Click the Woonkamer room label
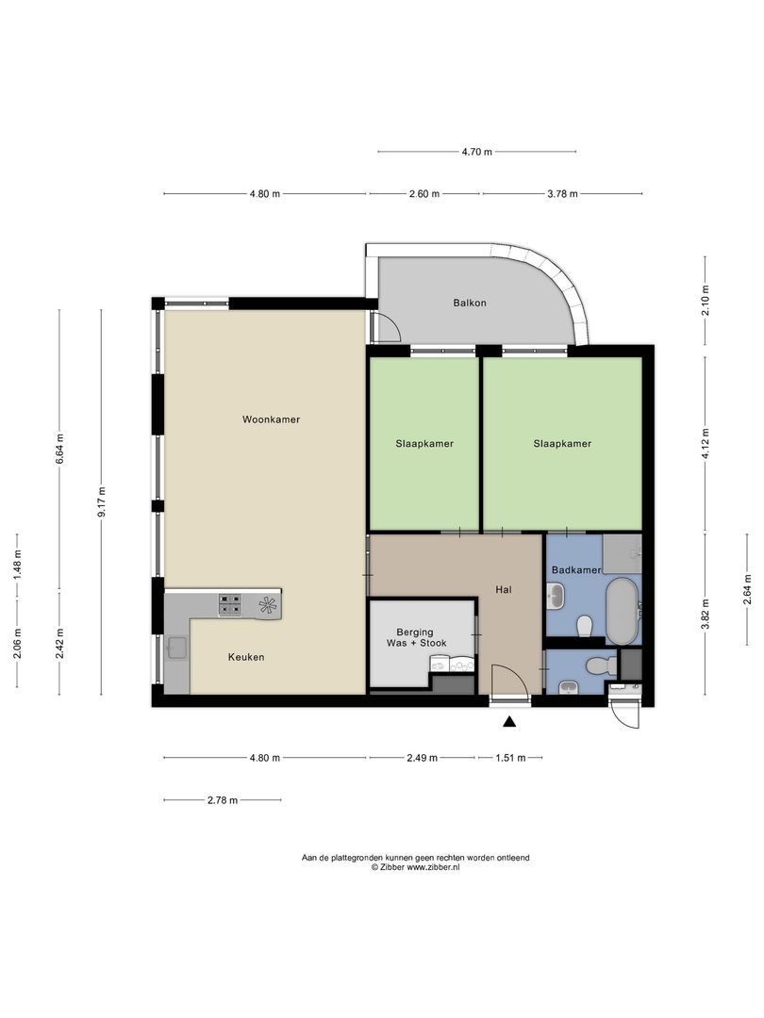click(271, 419)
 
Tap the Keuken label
click(245, 657)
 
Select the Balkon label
click(470, 303)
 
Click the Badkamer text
click(574, 570)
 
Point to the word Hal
click(504, 590)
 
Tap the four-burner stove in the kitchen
click(231, 604)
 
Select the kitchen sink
click(176, 647)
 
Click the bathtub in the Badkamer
click(622, 611)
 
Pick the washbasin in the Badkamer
click(556, 596)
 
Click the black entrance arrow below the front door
click(509, 722)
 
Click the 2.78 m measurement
click(222, 800)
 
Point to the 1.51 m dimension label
click(509, 758)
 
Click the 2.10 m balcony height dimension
click(706, 300)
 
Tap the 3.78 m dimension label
click(562, 194)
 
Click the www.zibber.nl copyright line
click(415, 866)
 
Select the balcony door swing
click(387, 327)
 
